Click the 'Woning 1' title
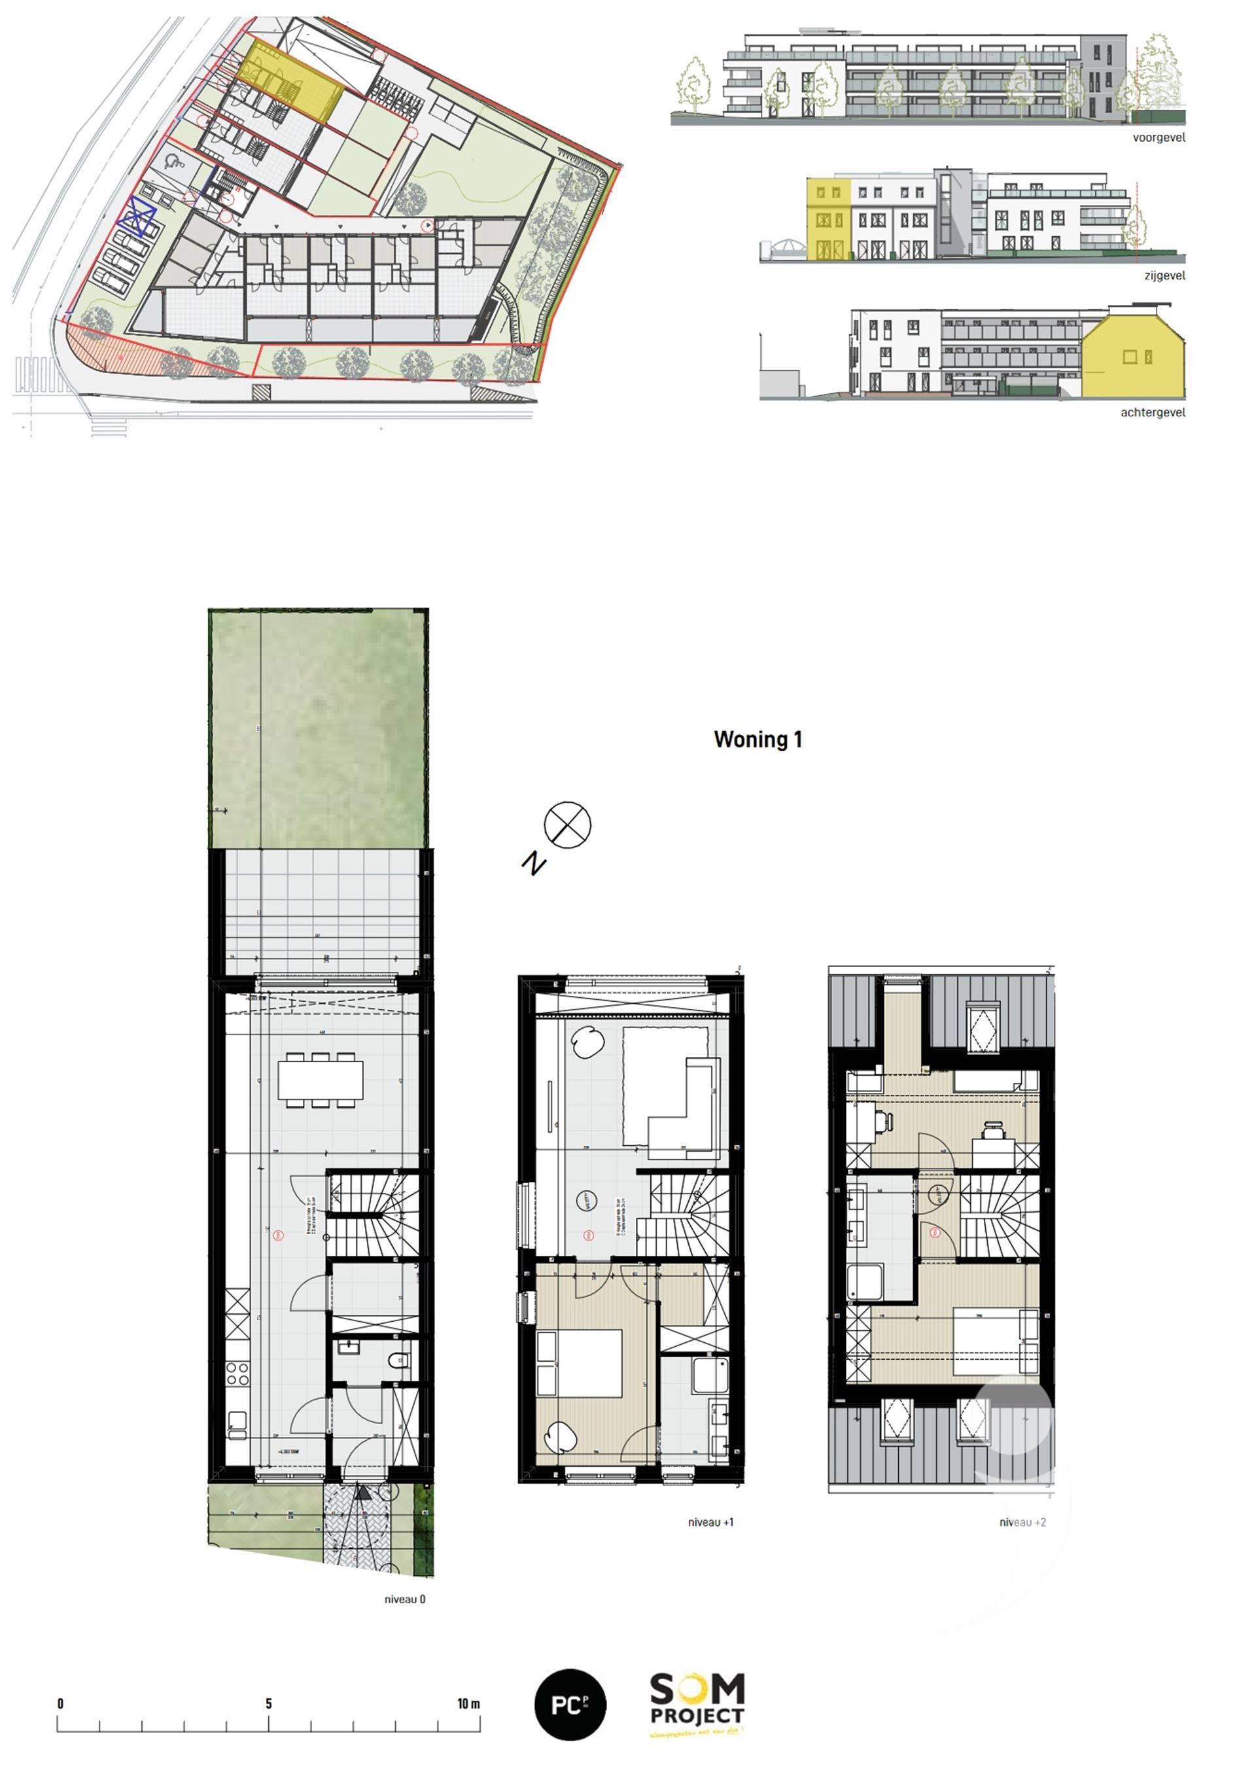(x=758, y=739)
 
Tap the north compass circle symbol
(x=567, y=825)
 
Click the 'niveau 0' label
(x=404, y=1599)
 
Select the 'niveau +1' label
(x=710, y=1521)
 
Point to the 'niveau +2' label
(x=1022, y=1521)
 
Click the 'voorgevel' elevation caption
(x=1158, y=137)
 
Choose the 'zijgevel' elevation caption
(x=1164, y=275)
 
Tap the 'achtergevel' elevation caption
(x=1153, y=412)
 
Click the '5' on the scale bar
(x=268, y=1703)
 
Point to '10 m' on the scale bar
(x=468, y=1703)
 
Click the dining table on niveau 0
(x=320, y=1080)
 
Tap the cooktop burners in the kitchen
(x=237, y=1373)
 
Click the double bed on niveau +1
(x=580, y=1363)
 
